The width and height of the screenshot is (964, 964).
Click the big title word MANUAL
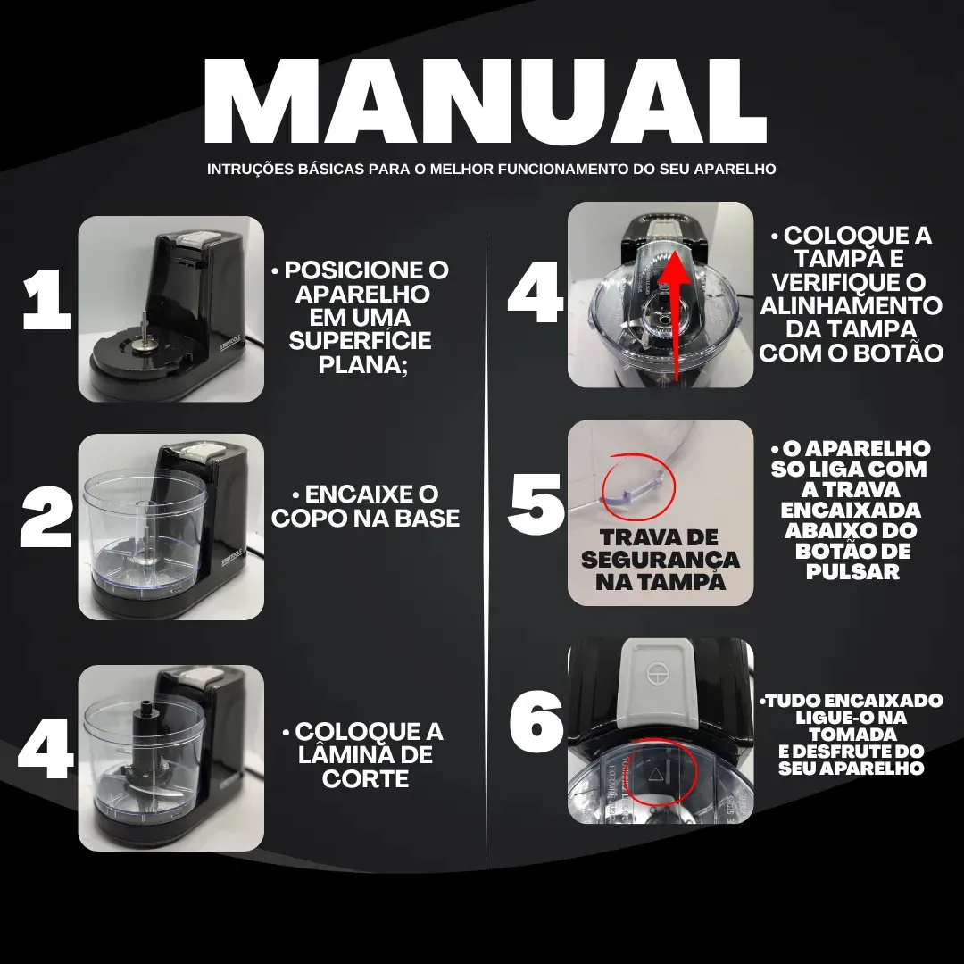tap(485, 101)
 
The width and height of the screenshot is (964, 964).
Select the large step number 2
tap(46, 517)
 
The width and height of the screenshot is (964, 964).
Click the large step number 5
tap(536, 504)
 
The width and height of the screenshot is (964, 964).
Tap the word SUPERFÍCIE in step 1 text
tap(361, 341)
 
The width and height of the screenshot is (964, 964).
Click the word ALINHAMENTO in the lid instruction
tap(852, 305)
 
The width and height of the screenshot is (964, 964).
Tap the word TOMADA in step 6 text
tap(852, 735)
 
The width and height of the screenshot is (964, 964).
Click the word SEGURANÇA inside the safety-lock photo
tap(660, 560)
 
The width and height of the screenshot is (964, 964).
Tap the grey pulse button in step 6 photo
tap(658, 683)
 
